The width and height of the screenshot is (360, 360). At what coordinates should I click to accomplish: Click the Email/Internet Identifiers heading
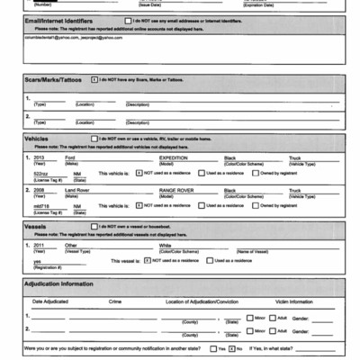click(x=62, y=20)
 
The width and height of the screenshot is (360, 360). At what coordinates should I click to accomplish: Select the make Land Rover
click(x=77, y=190)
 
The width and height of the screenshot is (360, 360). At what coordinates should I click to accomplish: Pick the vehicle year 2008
click(x=38, y=190)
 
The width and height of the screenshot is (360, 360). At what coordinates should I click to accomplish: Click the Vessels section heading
click(x=38, y=226)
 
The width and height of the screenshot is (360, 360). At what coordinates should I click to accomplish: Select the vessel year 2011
click(x=38, y=244)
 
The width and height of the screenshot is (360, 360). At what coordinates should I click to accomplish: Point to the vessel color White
click(x=165, y=244)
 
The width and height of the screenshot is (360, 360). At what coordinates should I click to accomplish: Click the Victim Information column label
click(x=293, y=301)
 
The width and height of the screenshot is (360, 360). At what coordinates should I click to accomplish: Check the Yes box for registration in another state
click(x=212, y=346)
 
